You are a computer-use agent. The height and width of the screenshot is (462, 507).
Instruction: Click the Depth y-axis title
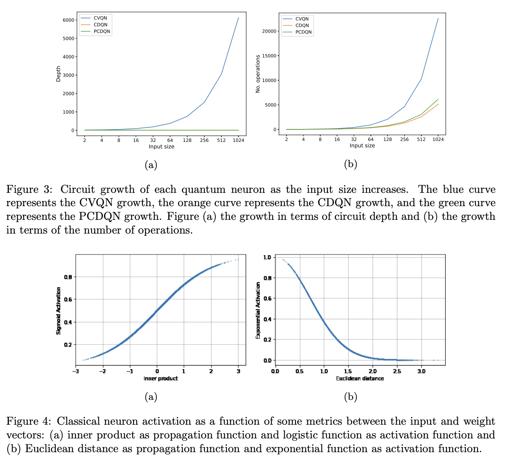point(59,73)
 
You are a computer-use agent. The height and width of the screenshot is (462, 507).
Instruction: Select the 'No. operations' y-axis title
point(258,74)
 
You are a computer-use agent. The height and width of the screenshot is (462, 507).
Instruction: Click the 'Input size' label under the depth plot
point(161,147)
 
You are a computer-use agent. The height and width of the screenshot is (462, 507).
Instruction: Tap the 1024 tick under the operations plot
point(438,139)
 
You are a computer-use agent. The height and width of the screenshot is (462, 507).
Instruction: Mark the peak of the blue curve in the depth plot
point(239,18)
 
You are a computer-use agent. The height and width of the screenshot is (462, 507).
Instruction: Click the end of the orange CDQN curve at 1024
point(438,104)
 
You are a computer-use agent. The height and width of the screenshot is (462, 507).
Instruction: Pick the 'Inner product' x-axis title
point(161,378)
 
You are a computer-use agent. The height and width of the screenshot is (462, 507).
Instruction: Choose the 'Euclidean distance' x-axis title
point(360,378)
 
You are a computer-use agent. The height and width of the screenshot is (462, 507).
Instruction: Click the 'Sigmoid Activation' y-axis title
point(59,310)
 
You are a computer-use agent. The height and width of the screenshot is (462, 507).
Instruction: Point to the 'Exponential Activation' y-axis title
point(258,310)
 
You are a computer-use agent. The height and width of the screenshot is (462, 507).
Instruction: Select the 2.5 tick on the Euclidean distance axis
point(397,371)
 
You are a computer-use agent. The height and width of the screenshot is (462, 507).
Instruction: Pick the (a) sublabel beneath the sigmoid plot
point(151,397)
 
